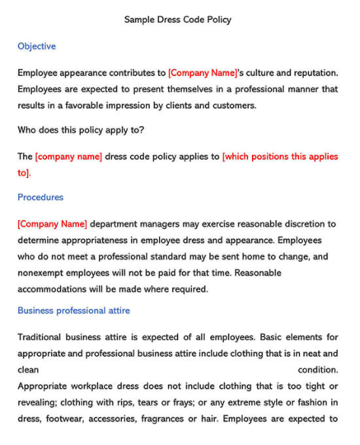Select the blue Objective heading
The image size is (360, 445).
pos(36,46)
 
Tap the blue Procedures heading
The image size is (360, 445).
pos(40,198)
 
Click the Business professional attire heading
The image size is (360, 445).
pos(73,311)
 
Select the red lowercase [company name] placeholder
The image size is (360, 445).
pos(68,156)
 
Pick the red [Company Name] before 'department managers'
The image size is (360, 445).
pos(52,223)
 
